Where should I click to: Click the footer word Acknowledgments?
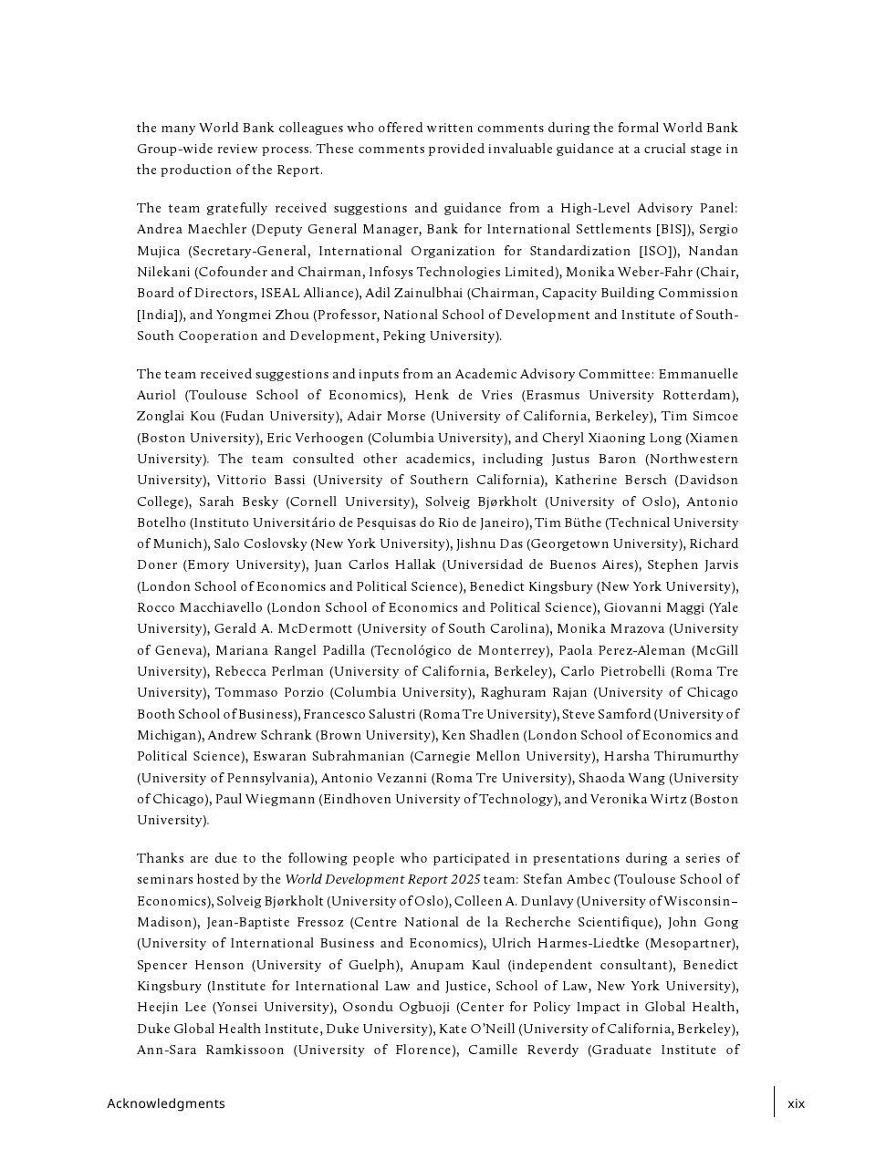click(165, 1103)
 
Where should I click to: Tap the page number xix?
click(797, 1103)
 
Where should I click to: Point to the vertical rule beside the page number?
click(775, 1102)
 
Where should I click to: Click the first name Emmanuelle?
click(698, 374)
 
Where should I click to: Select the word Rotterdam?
click(701, 395)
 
